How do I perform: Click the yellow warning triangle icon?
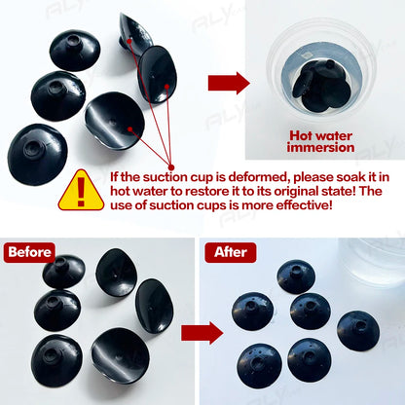[81, 192]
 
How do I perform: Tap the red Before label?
[29, 252]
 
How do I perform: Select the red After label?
[231, 252]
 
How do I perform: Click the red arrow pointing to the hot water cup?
[229, 84]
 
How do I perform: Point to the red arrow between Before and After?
[202, 333]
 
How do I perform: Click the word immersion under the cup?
[320, 148]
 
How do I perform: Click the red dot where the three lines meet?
[171, 167]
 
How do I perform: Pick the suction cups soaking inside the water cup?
[321, 86]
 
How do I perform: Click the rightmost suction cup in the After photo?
[357, 331]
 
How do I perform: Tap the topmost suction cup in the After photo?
[296, 276]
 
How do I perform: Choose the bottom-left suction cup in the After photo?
[259, 366]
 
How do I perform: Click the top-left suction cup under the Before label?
[63, 272]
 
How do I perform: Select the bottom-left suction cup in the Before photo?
[56, 361]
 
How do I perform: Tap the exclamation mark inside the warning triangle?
[81, 192]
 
